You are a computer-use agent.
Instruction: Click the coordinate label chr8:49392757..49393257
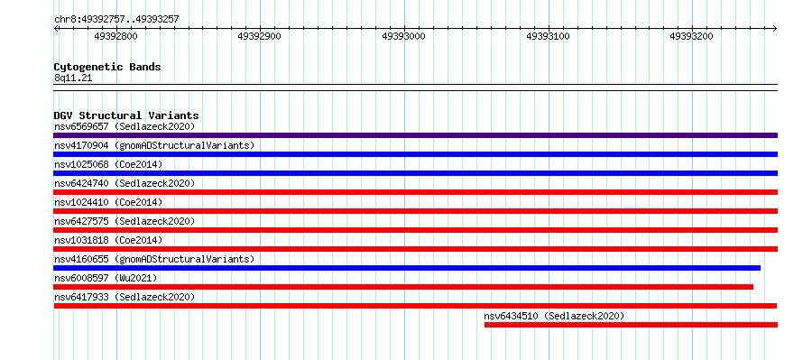(x=116, y=20)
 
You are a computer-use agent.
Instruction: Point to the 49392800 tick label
(x=116, y=36)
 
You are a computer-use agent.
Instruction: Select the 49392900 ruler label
(x=260, y=36)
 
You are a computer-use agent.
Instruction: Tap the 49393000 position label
(x=403, y=36)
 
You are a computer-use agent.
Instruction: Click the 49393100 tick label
(x=548, y=36)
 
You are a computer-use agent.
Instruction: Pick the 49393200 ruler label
(x=691, y=36)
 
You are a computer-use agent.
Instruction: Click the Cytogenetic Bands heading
(x=107, y=67)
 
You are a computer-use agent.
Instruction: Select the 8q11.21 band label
(x=73, y=78)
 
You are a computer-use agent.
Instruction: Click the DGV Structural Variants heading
(x=126, y=115)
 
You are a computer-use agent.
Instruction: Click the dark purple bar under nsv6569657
(x=415, y=135)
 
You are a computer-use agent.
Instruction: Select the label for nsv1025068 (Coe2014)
(x=108, y=164)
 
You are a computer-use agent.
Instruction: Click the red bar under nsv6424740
(x=415, y=192)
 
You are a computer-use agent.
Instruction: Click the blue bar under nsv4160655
(x=407, y=268)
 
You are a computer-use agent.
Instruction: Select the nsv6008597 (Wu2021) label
(x=106, y=278)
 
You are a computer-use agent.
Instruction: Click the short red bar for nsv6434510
(x=631, y=325)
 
